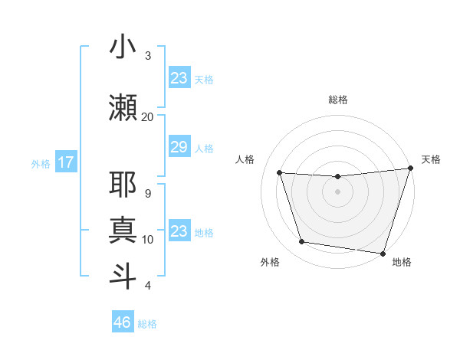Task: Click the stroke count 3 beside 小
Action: point(148,56)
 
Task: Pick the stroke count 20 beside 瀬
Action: point(148,116)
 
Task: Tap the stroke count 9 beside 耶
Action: point(148,194)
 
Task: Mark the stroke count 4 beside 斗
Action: point(148,286)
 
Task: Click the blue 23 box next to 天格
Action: point(179,78)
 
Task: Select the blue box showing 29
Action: point(179,147)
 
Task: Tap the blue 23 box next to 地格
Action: point(179,231)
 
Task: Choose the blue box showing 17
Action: point(65,162)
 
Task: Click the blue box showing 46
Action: point(123,322)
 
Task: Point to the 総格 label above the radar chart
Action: point(337,100)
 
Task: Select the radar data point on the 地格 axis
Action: point(383,253)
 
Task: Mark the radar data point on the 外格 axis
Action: point(302,242)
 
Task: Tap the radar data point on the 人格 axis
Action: point(280,173)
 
